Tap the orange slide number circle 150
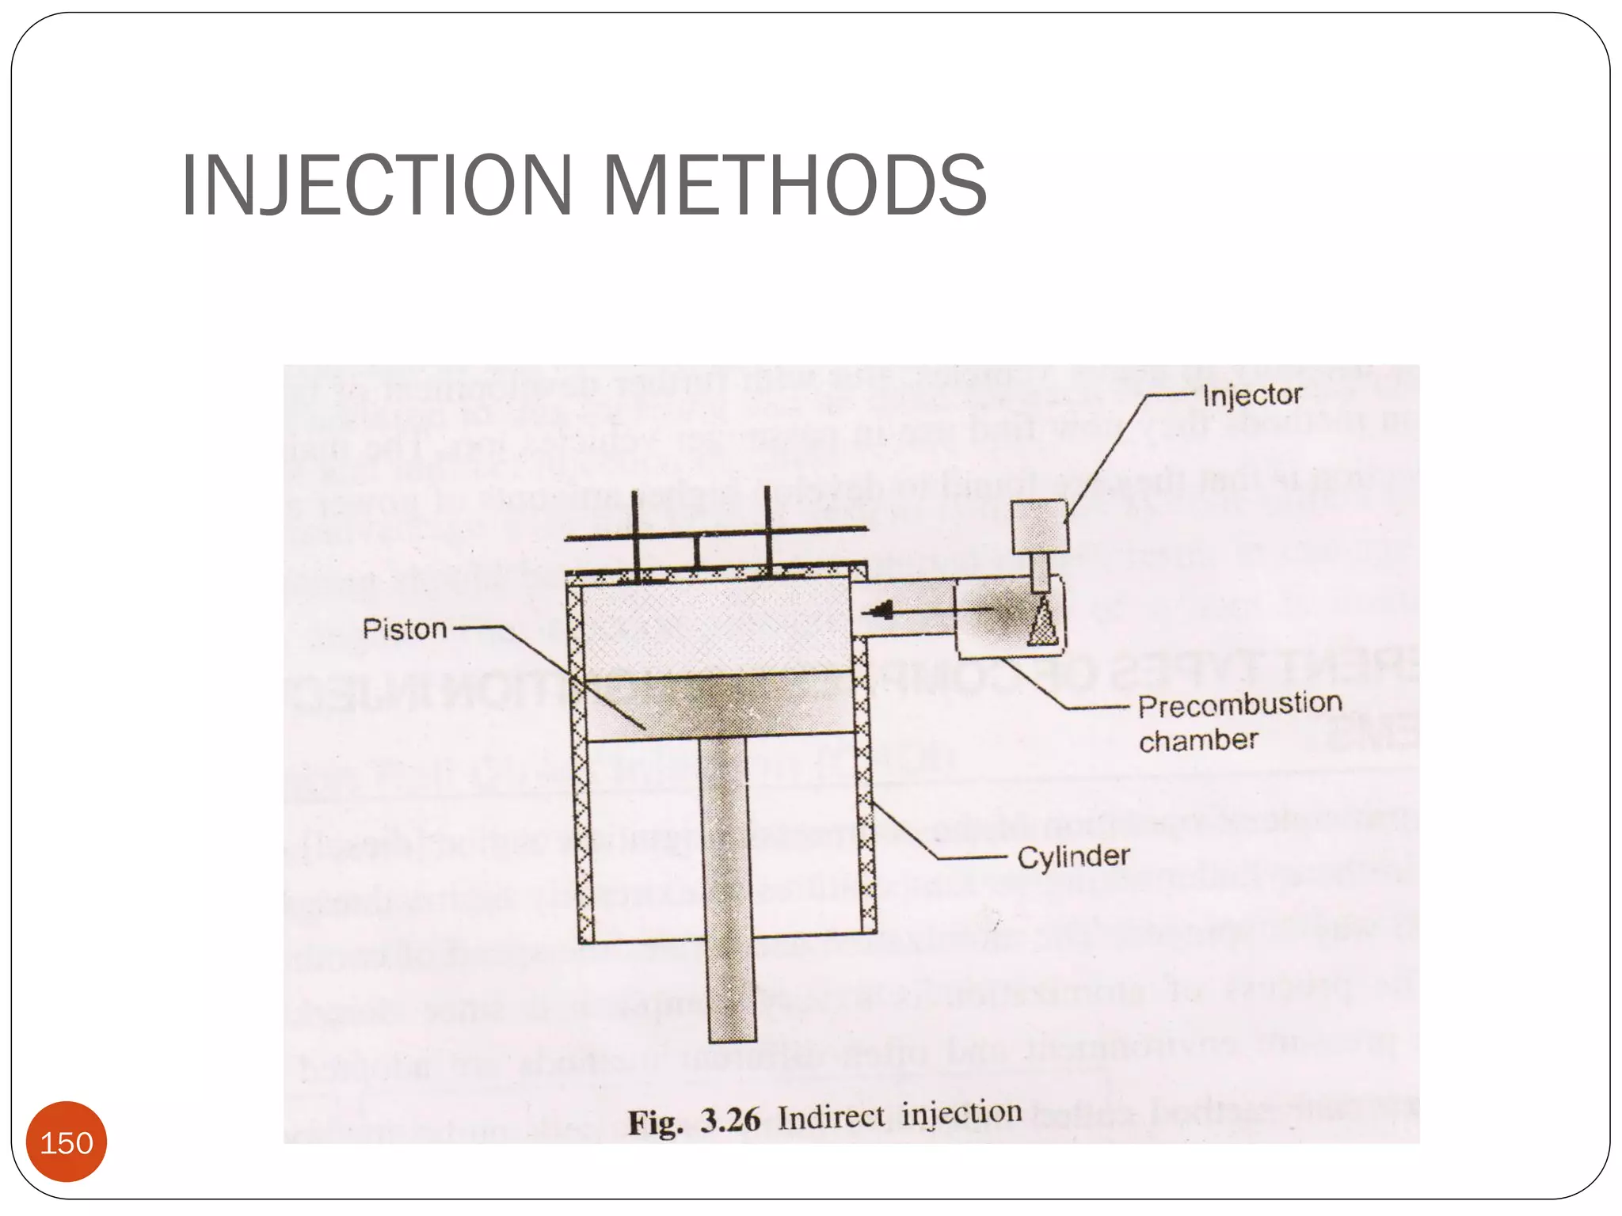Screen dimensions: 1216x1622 coord(67,1142)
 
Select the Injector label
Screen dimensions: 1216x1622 coord(1251,395)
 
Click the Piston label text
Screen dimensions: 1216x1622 coord(405,629)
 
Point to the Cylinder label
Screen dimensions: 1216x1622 coord(1073,857)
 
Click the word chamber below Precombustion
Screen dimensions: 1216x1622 coord(1198,741)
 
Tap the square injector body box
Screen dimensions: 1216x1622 coord(1040,526)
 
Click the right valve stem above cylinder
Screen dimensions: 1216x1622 coord(767,530)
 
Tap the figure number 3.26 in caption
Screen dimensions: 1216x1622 coord(729,1120)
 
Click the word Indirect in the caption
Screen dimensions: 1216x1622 coord(831,1117)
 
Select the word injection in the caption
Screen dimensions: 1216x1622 coord(961,1113)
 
